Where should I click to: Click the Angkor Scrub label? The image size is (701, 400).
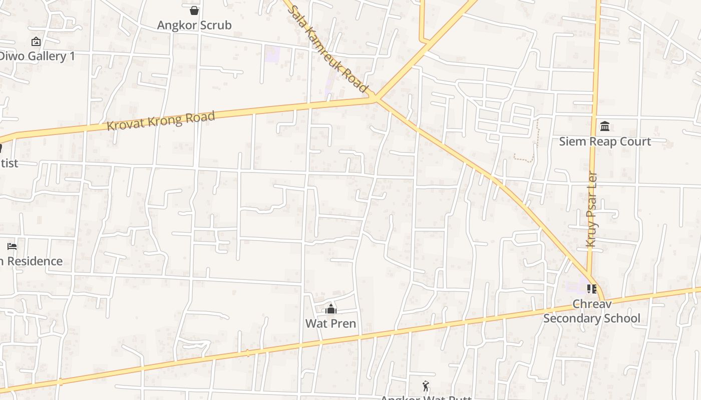194,25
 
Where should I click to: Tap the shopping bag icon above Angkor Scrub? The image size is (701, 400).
194,10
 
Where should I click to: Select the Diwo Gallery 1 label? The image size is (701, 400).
37,56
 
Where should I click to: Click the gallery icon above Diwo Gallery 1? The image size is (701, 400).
36,41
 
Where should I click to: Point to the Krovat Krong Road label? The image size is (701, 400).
161,121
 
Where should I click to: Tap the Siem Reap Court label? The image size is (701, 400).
605,141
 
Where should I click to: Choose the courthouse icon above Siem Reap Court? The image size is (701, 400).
605,126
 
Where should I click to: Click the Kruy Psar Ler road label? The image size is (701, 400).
592,210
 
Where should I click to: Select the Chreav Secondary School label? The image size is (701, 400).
592,311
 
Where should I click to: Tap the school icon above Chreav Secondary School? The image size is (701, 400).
592,289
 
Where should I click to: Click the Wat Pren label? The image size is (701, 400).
330,323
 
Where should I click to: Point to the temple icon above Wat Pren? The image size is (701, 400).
330,309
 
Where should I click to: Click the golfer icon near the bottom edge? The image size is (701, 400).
426,386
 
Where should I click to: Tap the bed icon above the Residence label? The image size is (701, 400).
12,246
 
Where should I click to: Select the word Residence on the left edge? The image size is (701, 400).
35,261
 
